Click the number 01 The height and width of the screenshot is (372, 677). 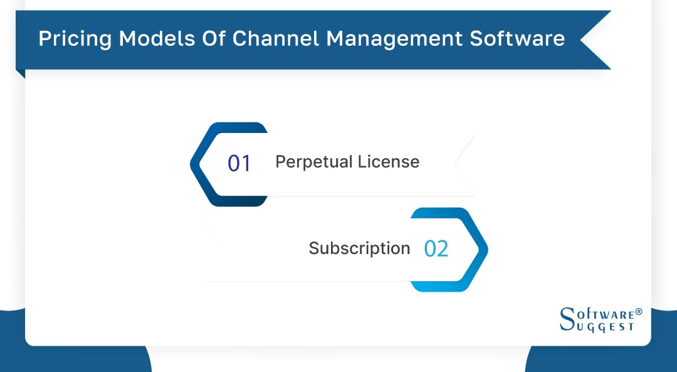(x=239, y=163)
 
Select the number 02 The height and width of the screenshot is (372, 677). (x=436, y=249)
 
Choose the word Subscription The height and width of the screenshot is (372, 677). (x=359, y=248)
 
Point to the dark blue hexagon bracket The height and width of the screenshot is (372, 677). (x=202, y=164)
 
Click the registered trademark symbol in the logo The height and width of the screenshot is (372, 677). (x=639, y=312)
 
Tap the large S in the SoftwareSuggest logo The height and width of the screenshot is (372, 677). (x=566, y=320)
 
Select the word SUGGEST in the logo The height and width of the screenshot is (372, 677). (x=606, y=327)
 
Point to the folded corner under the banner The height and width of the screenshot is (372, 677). (x=21, y=73)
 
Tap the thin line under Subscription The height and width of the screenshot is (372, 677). (x=307, y=282)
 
